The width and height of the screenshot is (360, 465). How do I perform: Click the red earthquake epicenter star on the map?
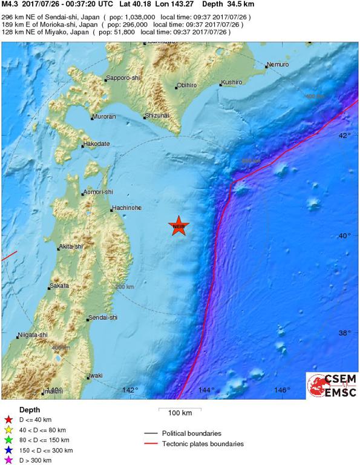pos(178,227)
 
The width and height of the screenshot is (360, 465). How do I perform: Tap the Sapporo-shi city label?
pos(124,78)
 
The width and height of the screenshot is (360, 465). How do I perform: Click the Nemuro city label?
pos(277,64)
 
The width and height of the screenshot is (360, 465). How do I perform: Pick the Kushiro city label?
pos(232,82)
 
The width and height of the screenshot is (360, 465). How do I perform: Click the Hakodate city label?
pos(97,144)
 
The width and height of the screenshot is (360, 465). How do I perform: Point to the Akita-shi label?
pos(71,246)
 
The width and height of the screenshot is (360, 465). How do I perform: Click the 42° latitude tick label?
pos(344,135)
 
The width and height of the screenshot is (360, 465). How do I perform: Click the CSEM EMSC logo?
pos(332,385)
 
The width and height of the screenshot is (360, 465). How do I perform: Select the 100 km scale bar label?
pos(180,414)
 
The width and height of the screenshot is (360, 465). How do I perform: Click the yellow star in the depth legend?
pos(8,430)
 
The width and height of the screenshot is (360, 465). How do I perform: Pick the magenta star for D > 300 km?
pos(8,461)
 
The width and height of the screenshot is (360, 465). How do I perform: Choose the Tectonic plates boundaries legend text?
pos(203,444)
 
